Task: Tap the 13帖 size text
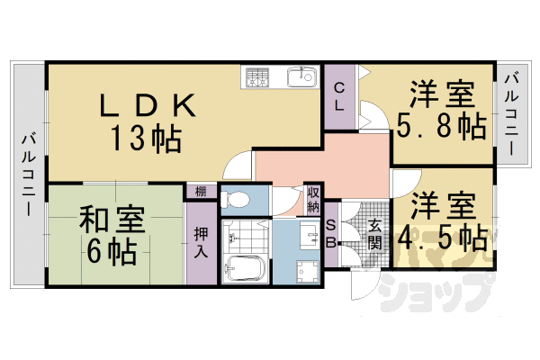pyautogui.click(x=147, y=139)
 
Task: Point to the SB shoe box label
pyautogui.click(x=330, y=233)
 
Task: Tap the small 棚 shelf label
pyautogui.click(x=200, y=191)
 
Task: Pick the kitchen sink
pyautogui.click(x=300, y=77)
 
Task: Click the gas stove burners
pyautogui.click(x=256, y=77)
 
